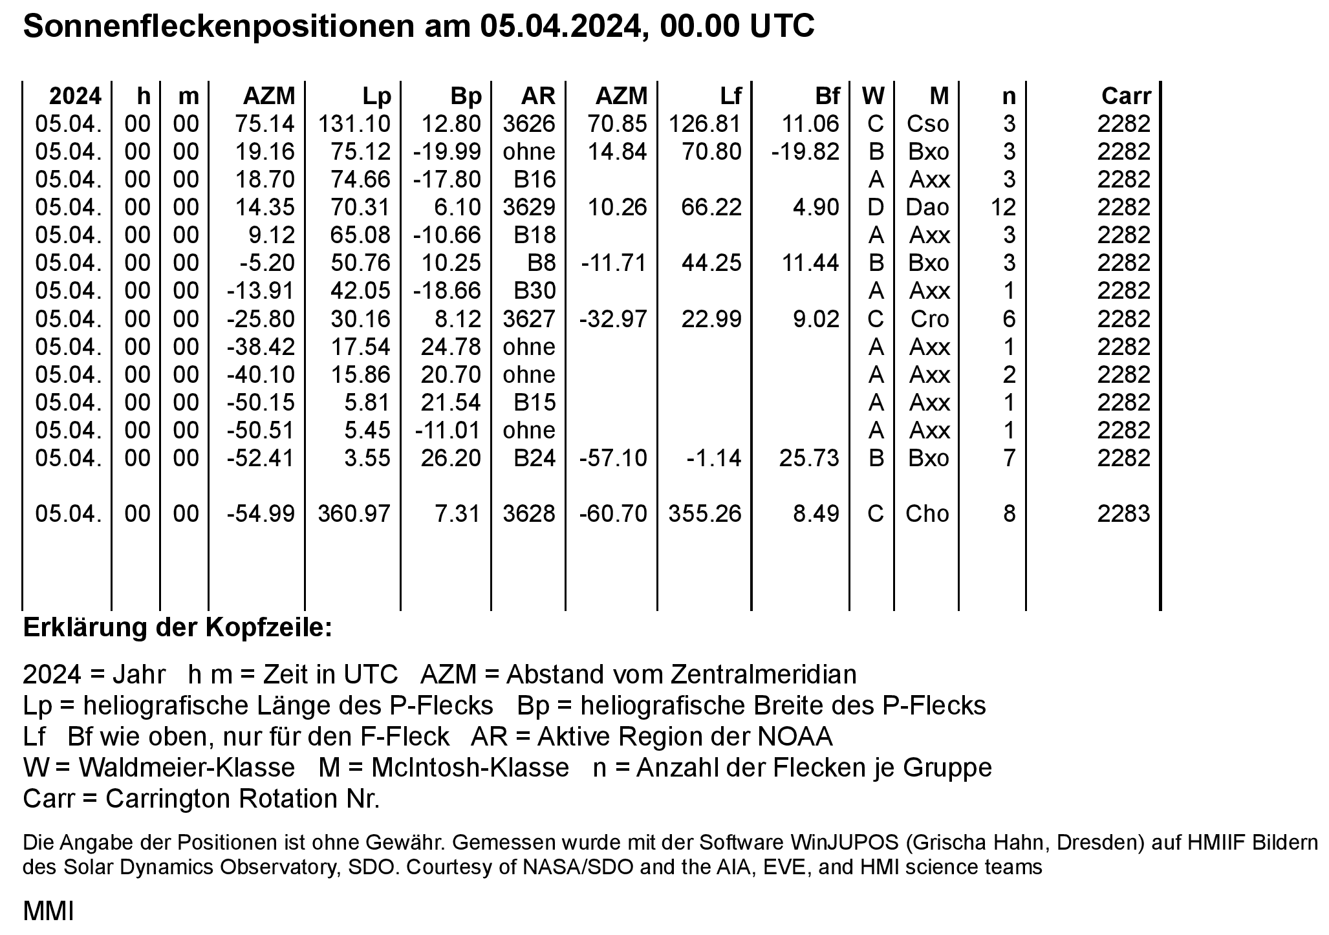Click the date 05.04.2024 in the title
(x=555, y=27)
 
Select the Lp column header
(x=377, y=96)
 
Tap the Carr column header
(x=1126, y=96)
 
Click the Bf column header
(x=827, y=96)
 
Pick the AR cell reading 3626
(x=529, y=124)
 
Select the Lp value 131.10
(x=354, y=124)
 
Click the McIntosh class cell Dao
(x=928, y=208)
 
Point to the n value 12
(x=1003, y=208)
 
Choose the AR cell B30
(x=535, y=291)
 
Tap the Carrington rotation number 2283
(x=1124, y=514)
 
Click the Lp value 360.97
(x=354, y=514)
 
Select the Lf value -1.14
(x=714, y=458)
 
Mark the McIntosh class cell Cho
(x=927, y=514)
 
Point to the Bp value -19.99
(x=447, y=152)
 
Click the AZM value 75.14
(x=265, y=124)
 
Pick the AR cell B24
(x=535, y=458)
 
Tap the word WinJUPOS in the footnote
(x=845, y=843)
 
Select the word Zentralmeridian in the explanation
(x=762, y=674)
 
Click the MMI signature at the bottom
(x=49, y=912)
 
